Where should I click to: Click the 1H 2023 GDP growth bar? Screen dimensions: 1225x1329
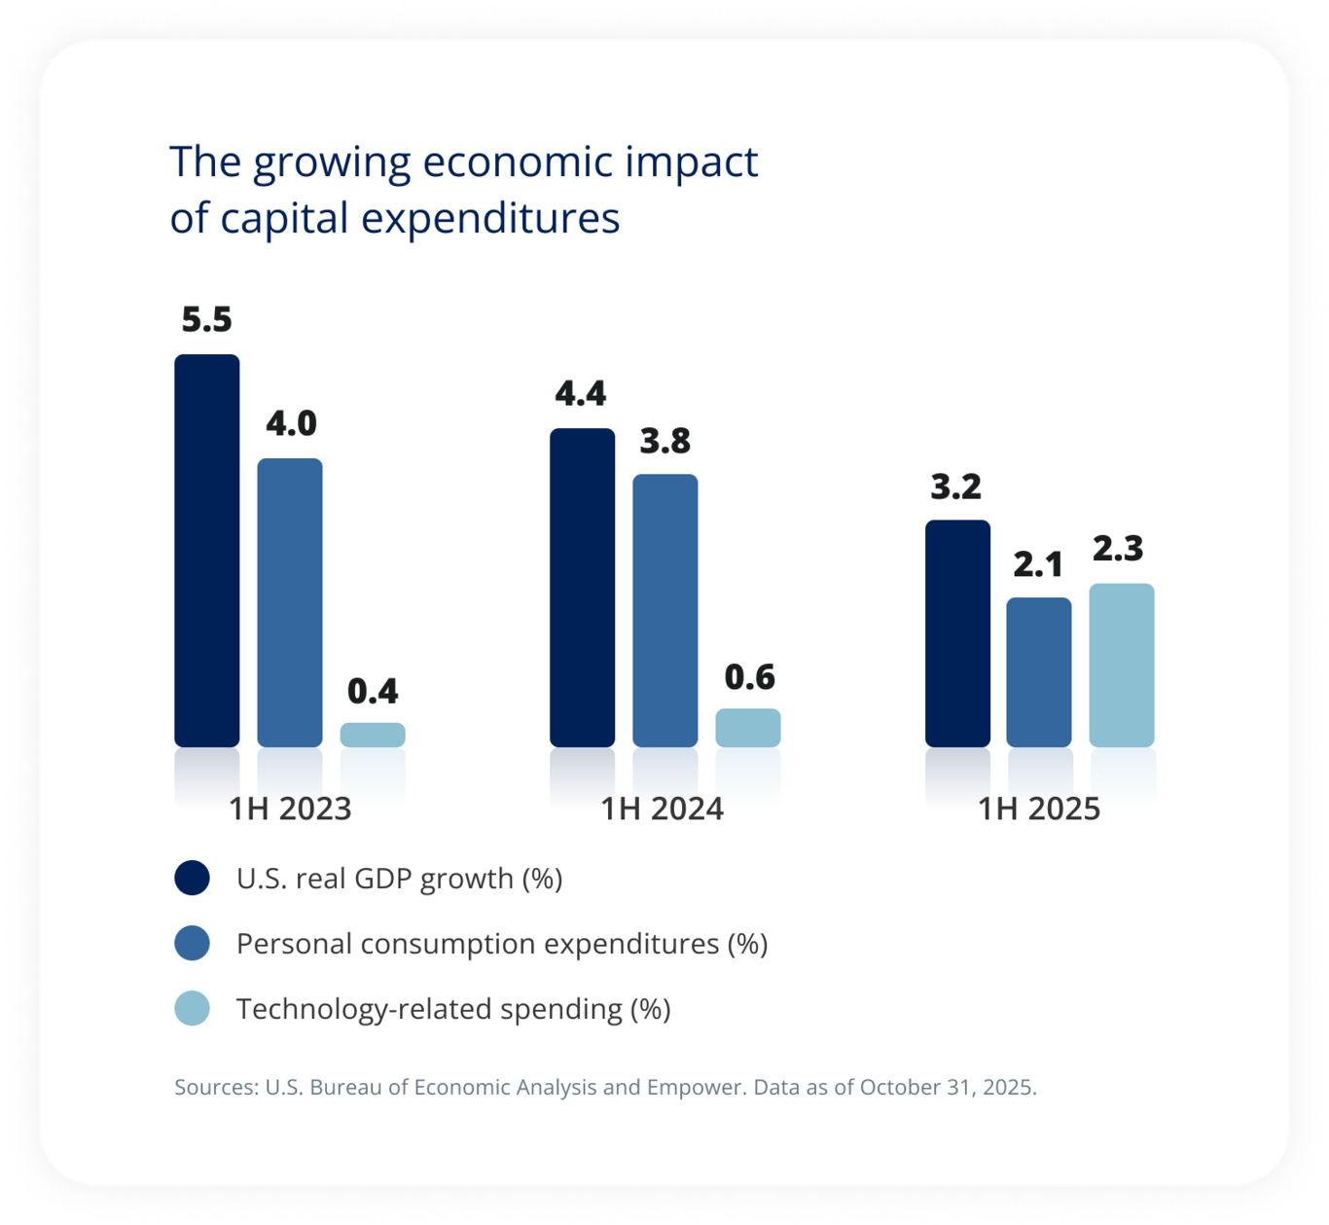[x=206, y=551]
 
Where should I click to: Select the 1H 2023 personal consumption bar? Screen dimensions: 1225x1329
[x=290, y=602]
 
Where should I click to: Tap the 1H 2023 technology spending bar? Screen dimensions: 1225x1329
[x=373, y=735]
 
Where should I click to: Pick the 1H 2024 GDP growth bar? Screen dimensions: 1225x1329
[x=582, y=588]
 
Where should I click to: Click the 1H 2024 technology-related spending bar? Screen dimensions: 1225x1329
[x=747, y=728]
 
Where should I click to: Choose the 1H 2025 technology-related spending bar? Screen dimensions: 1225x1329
[x=1122, y=666]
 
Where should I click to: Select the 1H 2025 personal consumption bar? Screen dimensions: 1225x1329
[x=1039, y=672]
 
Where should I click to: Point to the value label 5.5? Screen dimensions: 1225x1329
[x=206, y=319]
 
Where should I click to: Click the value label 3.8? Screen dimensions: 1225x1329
[x=664, y=442]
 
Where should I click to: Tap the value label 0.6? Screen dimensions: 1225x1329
[x=749, y=677]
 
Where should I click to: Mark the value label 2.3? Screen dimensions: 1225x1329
[x=1118, y=549]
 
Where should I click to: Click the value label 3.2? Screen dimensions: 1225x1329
[x=955, y=486]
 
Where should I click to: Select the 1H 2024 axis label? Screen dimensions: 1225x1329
[x=662, y=809]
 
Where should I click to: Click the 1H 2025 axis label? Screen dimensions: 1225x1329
[x=1038, y=809]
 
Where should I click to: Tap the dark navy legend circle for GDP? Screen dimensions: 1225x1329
[x=193, y=878]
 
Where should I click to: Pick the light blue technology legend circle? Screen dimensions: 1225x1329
[x=193, y=1008]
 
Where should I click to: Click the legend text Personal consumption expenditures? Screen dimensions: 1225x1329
[x=501, y=944]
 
